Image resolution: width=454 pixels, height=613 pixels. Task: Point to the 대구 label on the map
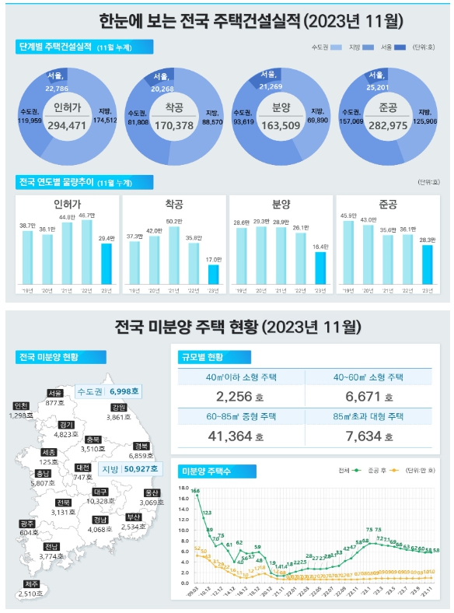tap(100, 492)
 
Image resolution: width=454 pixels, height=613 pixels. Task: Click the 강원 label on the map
tap(118, 407)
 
